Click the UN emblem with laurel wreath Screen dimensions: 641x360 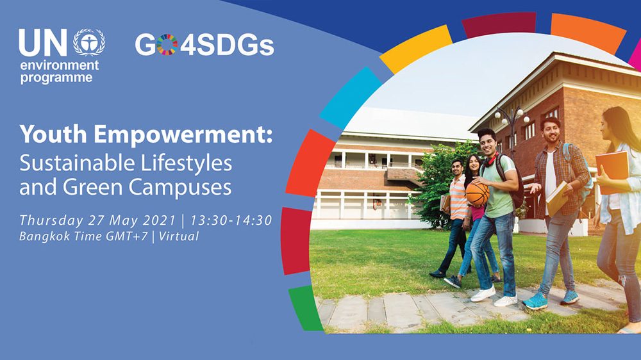(x=89, y=42)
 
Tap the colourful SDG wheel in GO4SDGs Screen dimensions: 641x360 (x=167, y=45)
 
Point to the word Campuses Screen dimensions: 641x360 (x=180, y=187)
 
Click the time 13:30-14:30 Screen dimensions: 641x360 (x=231, y=220)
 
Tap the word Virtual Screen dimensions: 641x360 (x=179, y=236)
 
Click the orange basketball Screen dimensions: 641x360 (x=477, y=193)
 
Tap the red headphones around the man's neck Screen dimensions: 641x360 (x=490, y=160)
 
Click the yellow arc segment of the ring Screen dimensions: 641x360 (x=416, y=49)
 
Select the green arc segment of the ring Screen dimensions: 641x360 (x=306, y=307)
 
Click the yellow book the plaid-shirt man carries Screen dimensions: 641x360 (x=557, y=199)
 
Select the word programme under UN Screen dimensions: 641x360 (x=56, y=78)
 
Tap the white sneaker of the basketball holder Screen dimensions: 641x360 (x=483, y=293)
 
